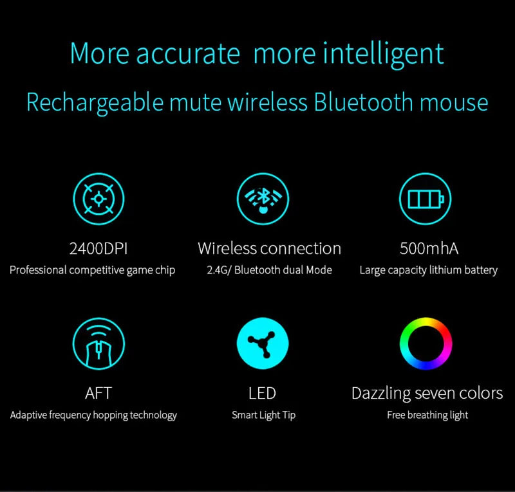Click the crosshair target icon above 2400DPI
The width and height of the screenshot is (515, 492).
(98, 199)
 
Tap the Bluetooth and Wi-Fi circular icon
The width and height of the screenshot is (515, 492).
(263, 199)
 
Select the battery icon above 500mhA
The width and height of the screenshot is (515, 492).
(425, 199)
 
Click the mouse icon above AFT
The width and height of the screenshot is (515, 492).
(98, 344)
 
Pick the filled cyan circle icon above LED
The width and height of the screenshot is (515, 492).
(263, 344)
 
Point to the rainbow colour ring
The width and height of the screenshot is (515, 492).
(426, 344)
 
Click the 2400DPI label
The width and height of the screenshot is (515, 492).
(98, 248)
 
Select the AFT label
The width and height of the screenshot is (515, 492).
(98, 393)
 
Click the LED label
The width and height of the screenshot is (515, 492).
(263, 393)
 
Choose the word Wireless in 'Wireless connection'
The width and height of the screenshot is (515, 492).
(226, 248)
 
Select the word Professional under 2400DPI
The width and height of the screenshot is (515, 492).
(37, 270)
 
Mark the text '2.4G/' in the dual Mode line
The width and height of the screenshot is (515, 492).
(219, 270)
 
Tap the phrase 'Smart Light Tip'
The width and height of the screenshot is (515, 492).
(263, 415)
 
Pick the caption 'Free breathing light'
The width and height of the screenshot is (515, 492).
(427, 415)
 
